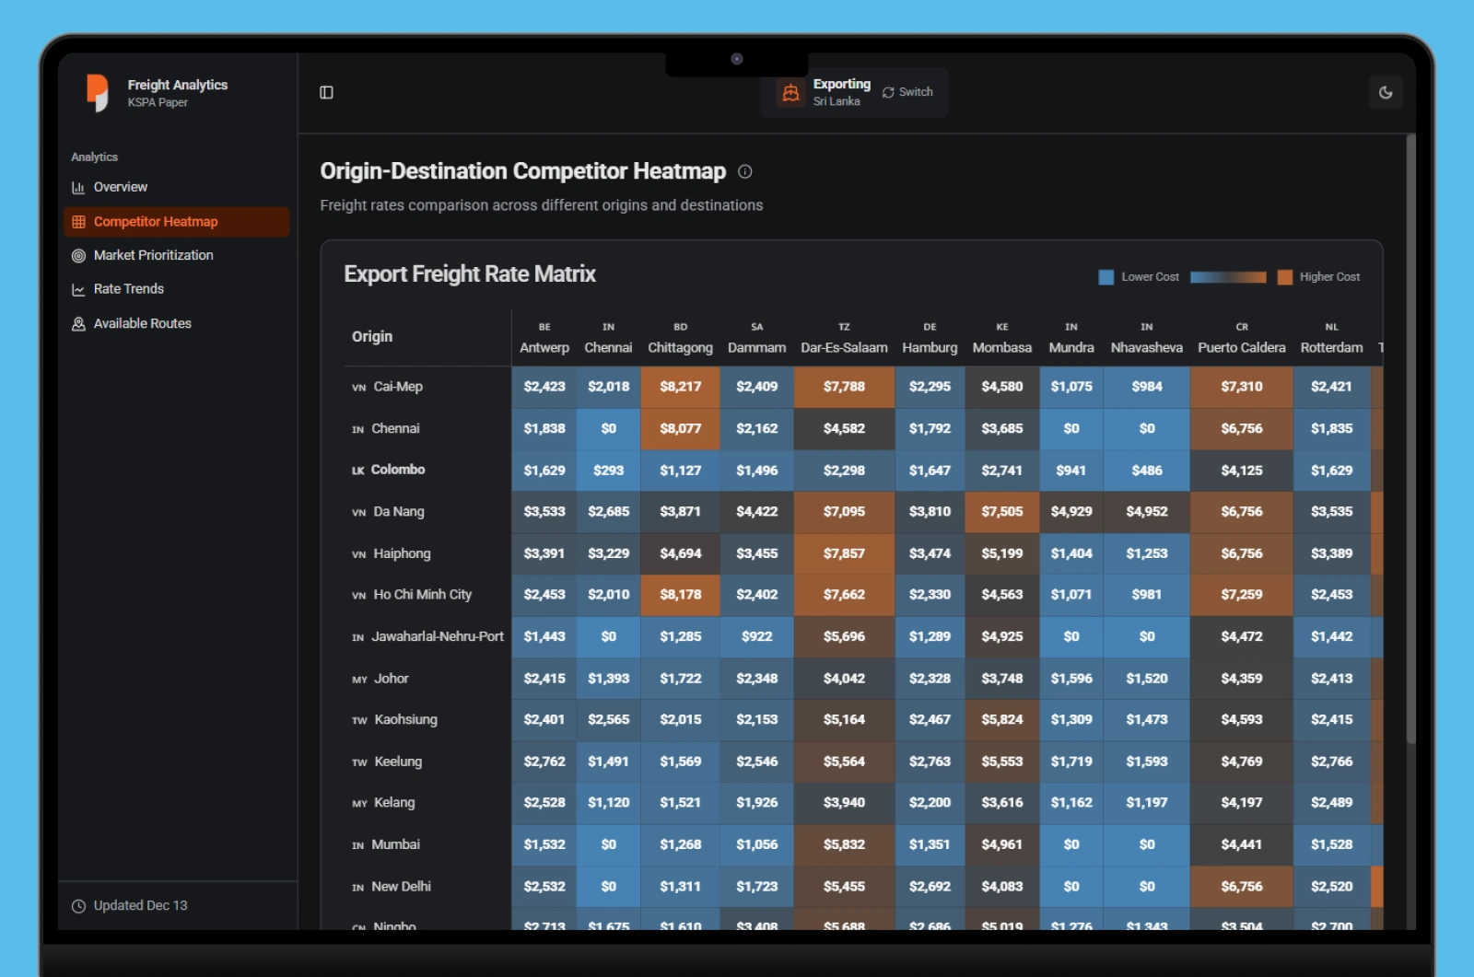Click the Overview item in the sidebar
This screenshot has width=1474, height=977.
tap(120, 187)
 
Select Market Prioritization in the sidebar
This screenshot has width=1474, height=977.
tap(153, 255)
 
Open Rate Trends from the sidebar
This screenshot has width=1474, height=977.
tap(128, 289)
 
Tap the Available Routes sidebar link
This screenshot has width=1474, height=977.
tap(142, 323)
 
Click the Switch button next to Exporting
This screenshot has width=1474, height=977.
tap(907, 92)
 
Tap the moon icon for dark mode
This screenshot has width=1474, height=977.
tap(1385, 92)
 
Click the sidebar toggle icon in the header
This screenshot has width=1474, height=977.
tap(326, 92)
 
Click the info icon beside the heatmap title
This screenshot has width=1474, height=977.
tap(745, 171)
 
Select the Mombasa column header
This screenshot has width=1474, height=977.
tap(1001, 347)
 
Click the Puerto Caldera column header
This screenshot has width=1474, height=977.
tap(1241, 347)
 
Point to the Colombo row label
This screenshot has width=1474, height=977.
tap(397, 470)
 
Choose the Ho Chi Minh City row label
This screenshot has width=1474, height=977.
tap(422, 595)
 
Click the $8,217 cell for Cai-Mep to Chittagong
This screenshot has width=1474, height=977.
tap(680, 387)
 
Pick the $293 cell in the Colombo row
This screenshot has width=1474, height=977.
tap(608, 470)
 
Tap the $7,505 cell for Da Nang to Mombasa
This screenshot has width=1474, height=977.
tap(1001, 511)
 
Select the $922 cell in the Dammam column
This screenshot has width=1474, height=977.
tap(756, 636)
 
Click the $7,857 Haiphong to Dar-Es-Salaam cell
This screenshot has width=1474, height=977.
tap(844, 553)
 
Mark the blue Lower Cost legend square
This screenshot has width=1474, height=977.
tap(1106, 277)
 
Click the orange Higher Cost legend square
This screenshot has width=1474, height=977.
tap(1284, 277)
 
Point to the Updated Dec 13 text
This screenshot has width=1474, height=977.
tap(140, 905)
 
